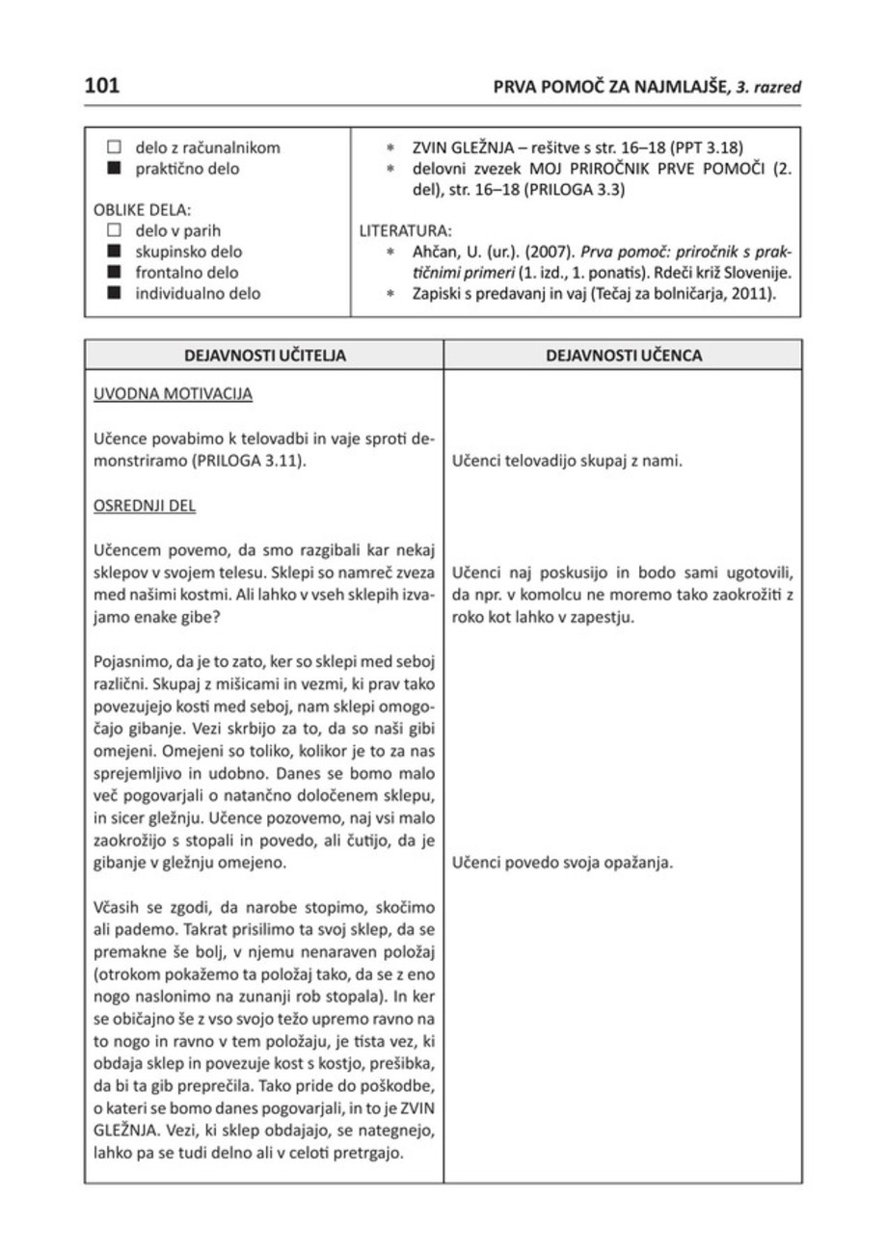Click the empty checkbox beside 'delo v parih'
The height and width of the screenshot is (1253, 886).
tap(113, 230)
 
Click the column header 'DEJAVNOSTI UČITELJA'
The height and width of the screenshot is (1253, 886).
tap(264, 355)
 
